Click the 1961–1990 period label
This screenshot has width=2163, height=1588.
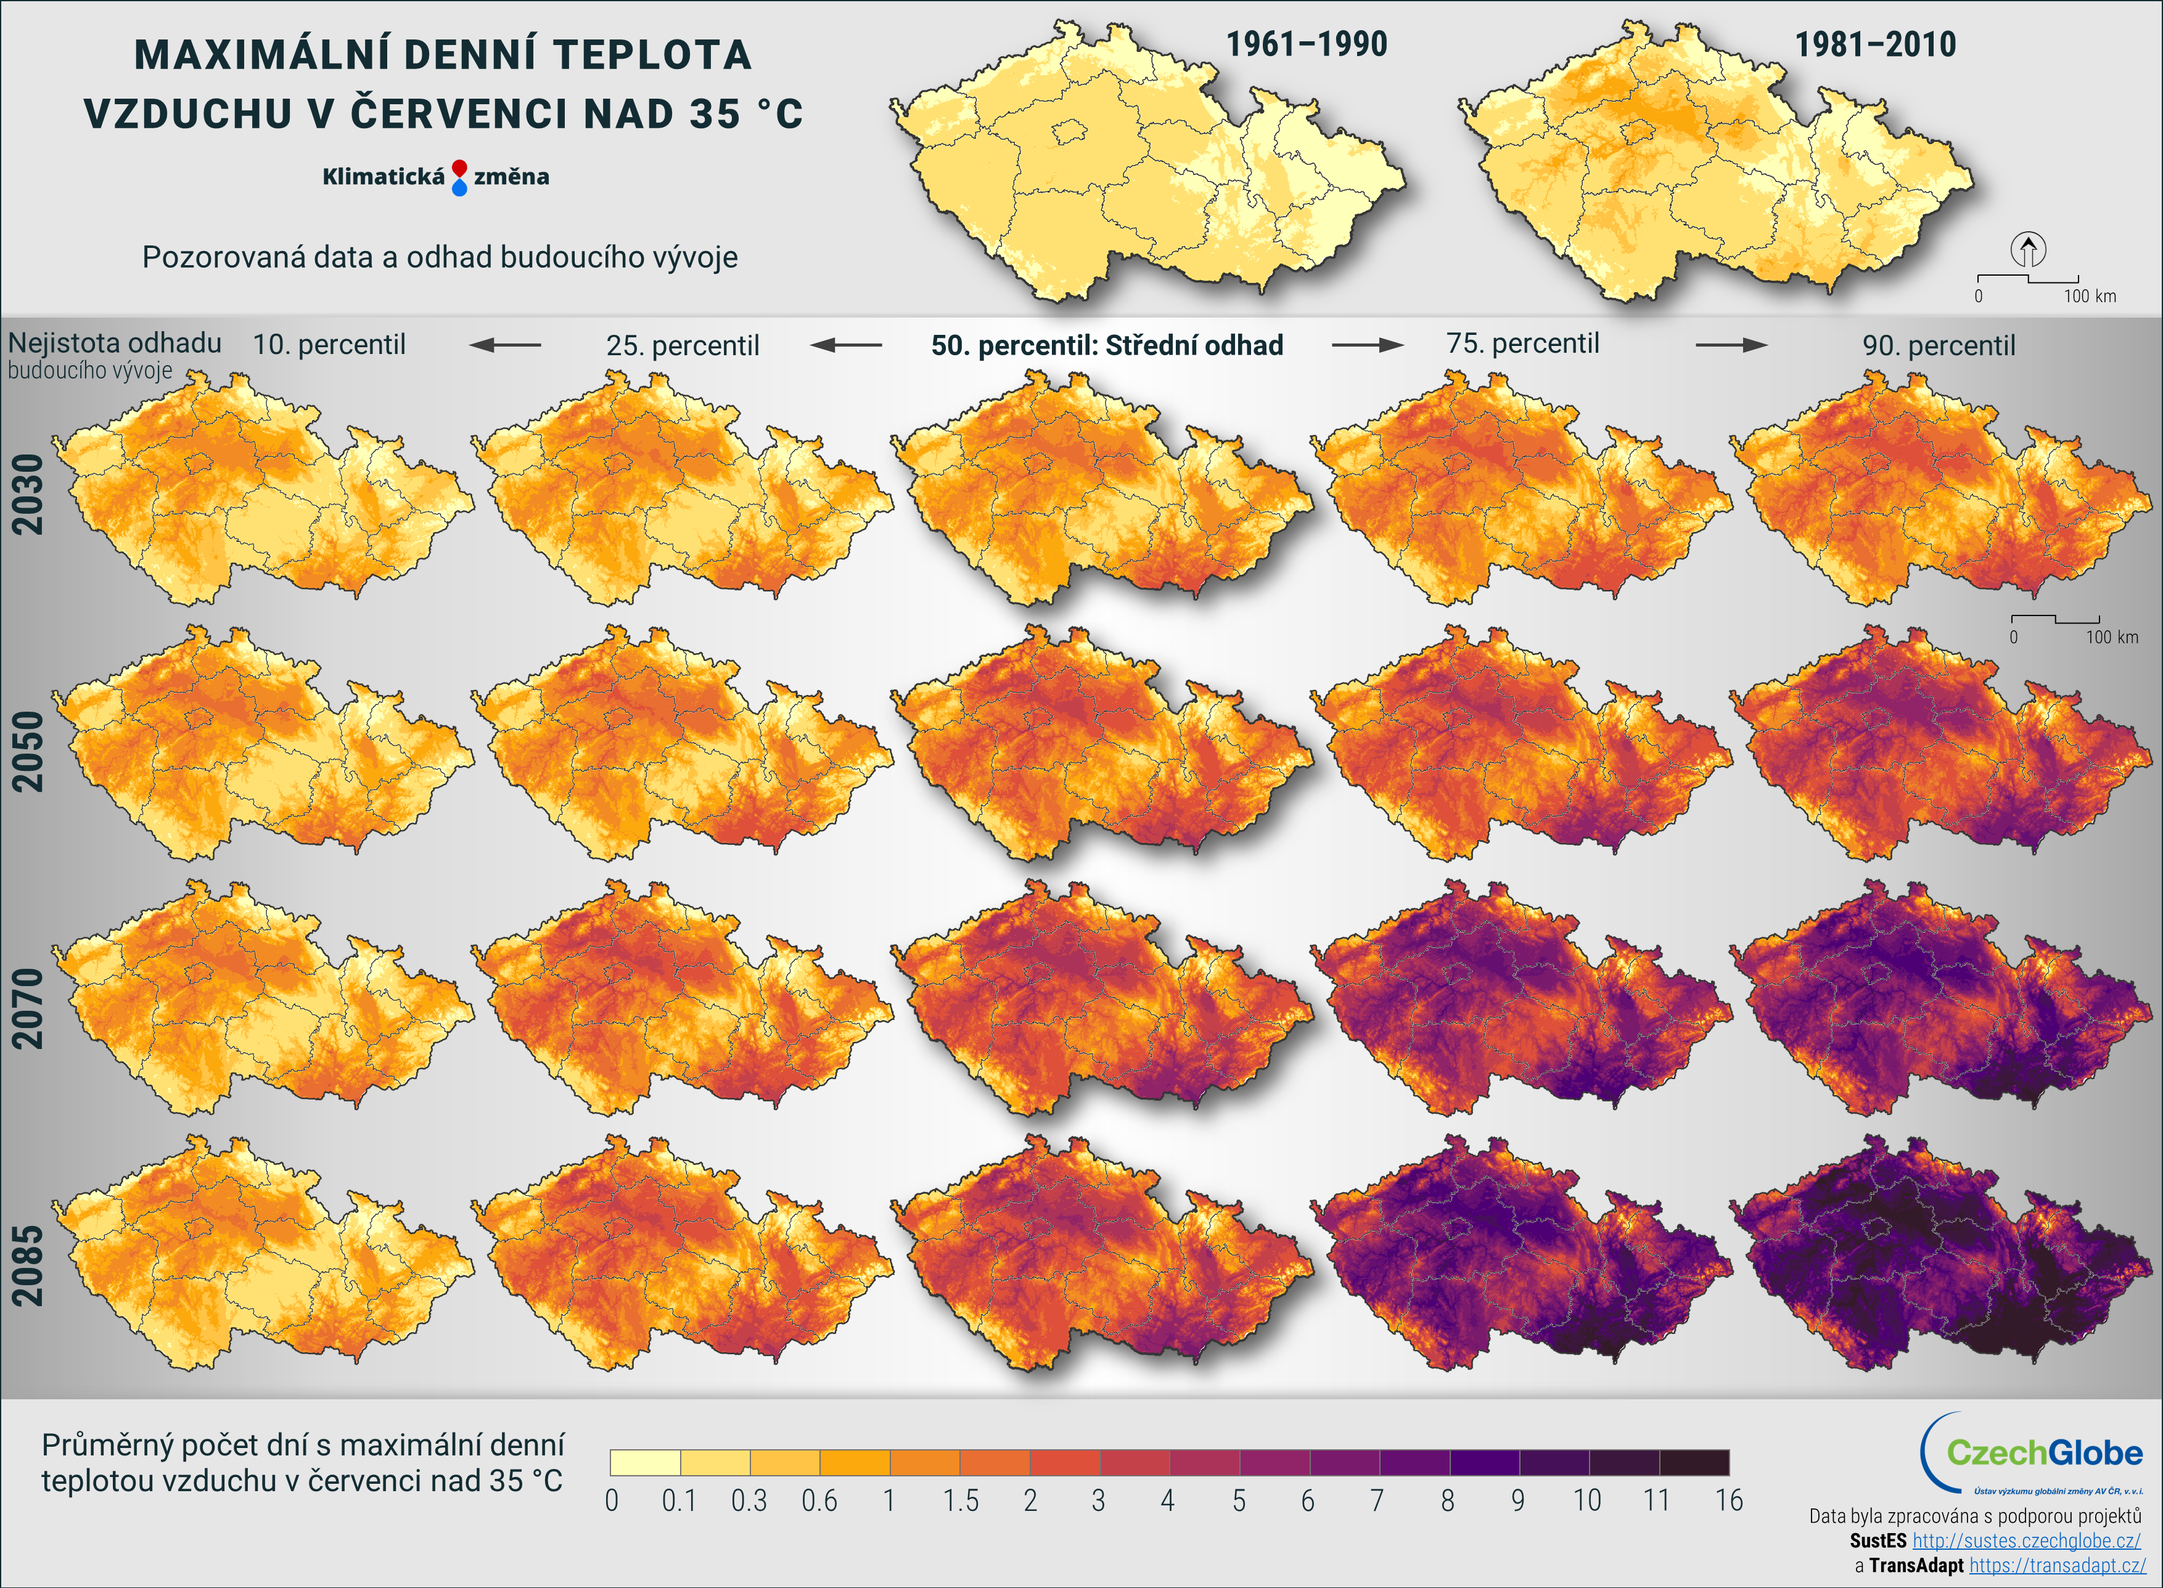(1306, 44)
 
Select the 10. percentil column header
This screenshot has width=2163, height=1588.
(329, 344)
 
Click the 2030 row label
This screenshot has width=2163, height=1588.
(27, 493)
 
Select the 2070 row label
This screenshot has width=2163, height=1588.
(27, 1008)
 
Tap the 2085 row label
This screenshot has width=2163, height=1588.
(27, 1265)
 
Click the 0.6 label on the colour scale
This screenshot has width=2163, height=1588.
(819, 1500)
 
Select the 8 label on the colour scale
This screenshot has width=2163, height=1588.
(1447, 1500)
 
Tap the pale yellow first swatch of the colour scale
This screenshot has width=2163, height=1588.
(645, 1462)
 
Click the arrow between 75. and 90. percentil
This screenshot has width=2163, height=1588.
(1731, 344)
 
